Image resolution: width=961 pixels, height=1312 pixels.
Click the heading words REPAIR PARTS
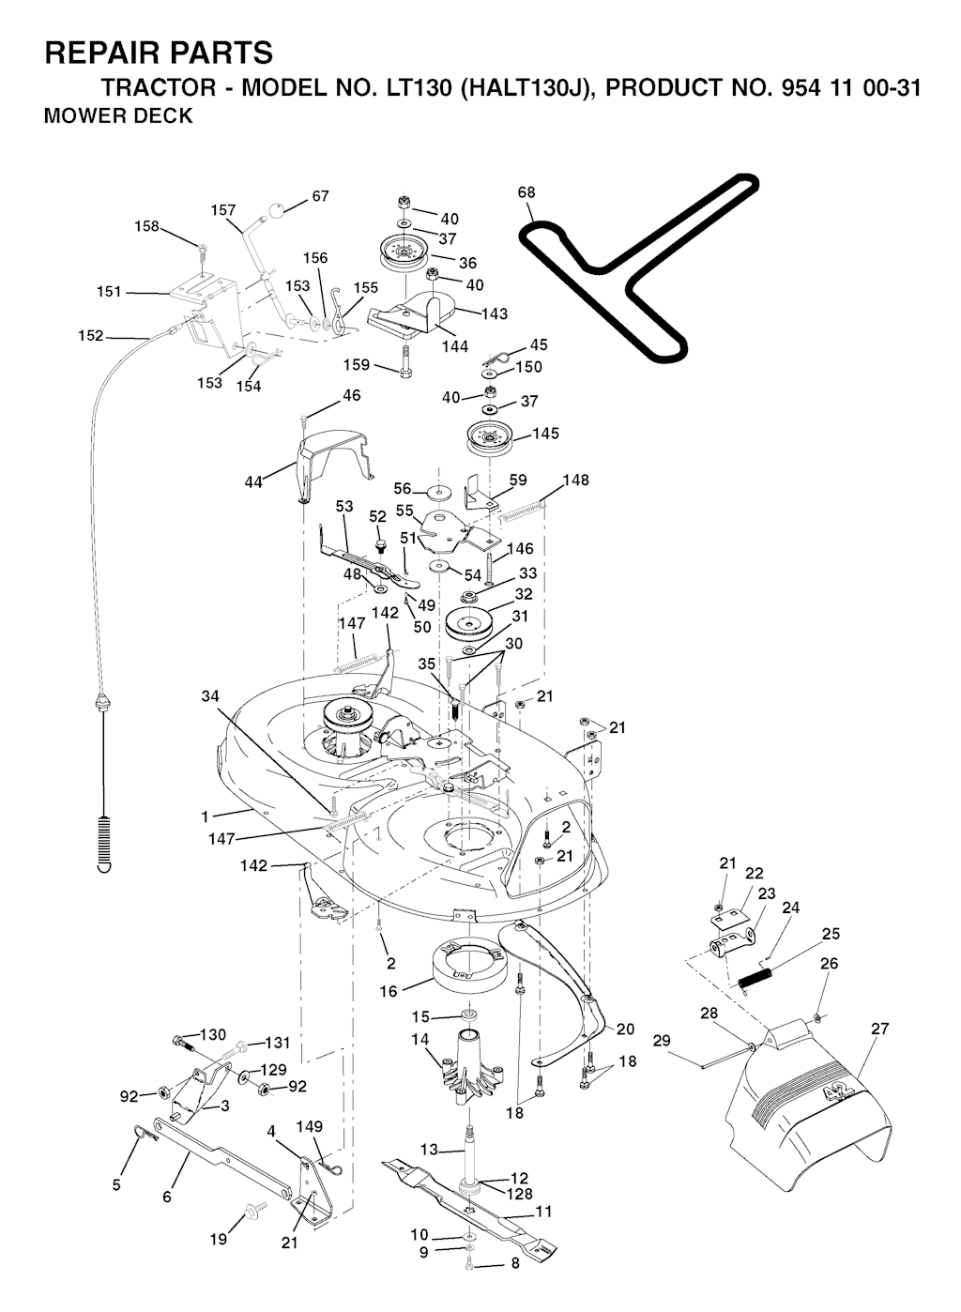[x=159, y=53]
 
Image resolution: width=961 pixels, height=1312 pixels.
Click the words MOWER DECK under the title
[x=118, y=116]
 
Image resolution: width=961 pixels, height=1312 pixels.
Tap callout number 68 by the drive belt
[x=526, y=192]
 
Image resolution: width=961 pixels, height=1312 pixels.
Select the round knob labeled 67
[x=279, y=211]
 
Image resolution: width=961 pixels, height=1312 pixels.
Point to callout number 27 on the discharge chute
[x=879, y=1029]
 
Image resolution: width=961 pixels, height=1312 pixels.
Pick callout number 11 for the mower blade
[x=543, y=1212]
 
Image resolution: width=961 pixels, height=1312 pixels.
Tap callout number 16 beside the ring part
[x=389, y=990]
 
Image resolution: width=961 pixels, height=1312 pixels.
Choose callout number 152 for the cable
[x=91, y=335]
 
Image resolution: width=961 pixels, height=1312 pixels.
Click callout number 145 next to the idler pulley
[x=545, y=434]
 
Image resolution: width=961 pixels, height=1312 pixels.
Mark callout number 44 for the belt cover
[x=253, y=482]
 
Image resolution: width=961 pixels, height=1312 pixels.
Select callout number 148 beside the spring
[x=575, y=481]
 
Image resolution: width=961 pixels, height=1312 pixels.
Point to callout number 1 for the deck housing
[x=206, y=816]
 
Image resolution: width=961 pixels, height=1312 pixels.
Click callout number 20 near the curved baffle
[x=625, y=1029]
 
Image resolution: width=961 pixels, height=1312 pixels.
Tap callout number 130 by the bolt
[x=213, y=1034]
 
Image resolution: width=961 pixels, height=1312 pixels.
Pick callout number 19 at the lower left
[x=218, y=1240]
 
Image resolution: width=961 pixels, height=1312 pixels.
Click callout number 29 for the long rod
[x=662, y=1040]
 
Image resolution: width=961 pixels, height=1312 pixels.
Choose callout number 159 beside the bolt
[x=357, y=364]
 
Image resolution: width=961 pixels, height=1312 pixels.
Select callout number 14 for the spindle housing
[x=419, y=1039]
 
